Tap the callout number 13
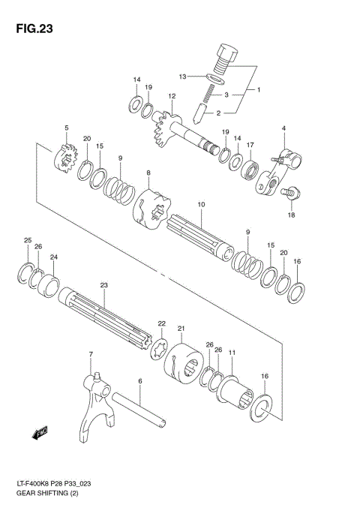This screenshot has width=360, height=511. click(x=181, y=77)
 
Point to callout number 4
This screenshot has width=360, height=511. click(x=284, y=130)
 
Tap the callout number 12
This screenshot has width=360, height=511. click(x=172, y=96)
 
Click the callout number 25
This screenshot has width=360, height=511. click(x=27, y=240)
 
